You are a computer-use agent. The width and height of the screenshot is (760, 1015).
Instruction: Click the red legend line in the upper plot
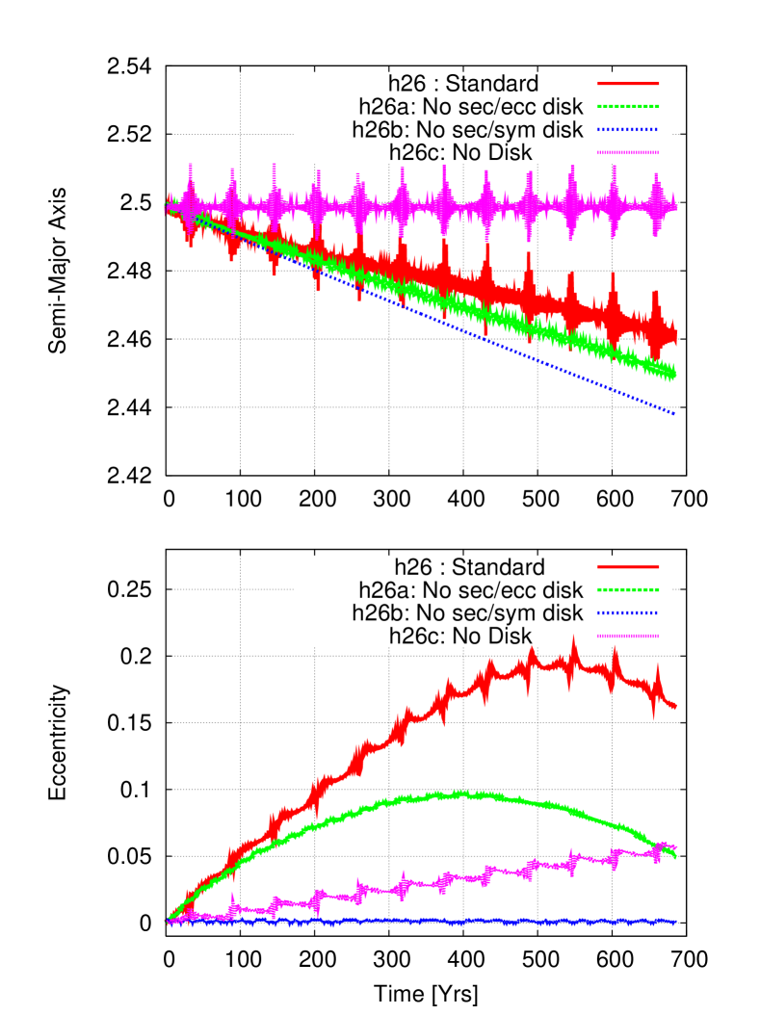click(628, 84)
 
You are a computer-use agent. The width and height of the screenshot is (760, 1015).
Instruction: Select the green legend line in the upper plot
click(628, 106)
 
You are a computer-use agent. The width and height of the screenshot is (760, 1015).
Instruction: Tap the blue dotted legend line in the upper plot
click(628, 129)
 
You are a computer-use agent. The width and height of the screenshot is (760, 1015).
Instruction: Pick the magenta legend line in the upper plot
click(628, 152)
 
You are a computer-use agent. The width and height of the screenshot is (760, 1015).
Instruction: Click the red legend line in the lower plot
click(628, 566)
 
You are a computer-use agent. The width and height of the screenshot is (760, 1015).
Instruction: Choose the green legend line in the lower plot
click(628, 589)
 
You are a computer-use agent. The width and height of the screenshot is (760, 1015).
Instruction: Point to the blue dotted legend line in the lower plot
click(628, 612)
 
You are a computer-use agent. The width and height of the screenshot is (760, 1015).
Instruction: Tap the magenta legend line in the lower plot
click(628, 636)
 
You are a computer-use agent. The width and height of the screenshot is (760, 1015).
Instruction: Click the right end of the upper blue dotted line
click(674, 413)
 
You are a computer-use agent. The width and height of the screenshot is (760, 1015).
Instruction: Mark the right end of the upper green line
click(674, 374)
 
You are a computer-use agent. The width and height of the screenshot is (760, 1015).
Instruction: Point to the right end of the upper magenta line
click(675, 206)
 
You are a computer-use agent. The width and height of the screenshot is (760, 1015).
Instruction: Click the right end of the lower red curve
click(674, 707)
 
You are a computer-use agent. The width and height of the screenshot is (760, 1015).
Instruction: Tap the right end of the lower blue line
click(674, 922)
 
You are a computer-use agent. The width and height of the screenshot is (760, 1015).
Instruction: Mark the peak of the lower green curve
click(462, 794)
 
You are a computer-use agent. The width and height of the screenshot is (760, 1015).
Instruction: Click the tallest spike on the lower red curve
click(573, 638)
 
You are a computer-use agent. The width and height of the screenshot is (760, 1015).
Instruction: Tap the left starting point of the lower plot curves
click(168, 922)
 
